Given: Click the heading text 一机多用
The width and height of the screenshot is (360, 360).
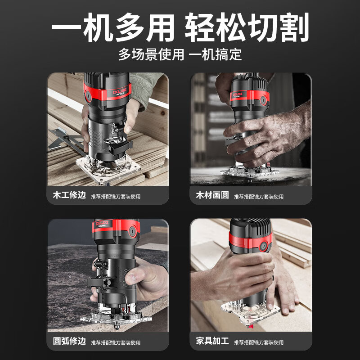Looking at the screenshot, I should [112, 28].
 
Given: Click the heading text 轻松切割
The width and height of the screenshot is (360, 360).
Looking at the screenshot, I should [247, 28].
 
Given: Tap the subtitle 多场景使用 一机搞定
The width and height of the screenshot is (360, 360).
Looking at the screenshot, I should [180, 55].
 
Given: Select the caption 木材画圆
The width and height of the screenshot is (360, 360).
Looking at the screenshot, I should [212, 196].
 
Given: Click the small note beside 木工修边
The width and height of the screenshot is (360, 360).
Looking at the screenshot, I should [116, 197].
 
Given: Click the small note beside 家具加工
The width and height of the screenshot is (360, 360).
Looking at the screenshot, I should [259, 342].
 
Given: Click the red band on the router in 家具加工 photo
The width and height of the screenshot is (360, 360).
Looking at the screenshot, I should [250, 240].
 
